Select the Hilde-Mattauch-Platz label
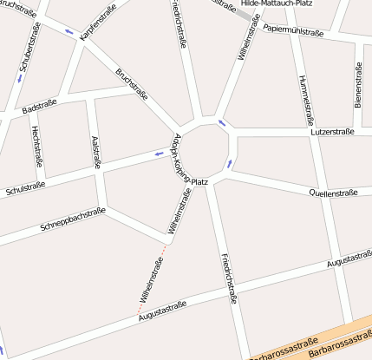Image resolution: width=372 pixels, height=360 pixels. coord(277,4)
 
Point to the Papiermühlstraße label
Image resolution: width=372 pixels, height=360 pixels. coord(292,30)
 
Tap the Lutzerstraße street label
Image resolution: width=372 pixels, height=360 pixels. coord(333,132)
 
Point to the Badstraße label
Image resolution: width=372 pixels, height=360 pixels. coord(39,106)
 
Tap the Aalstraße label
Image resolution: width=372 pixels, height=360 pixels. coord(95,151)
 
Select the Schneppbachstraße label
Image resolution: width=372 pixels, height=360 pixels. coord(72,221)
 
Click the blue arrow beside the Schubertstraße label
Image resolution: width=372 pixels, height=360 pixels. coord(19,79)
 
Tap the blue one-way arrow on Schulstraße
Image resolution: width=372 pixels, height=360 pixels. coord(159,154)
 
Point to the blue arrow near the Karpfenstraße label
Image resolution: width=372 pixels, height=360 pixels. coord(69,32)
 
